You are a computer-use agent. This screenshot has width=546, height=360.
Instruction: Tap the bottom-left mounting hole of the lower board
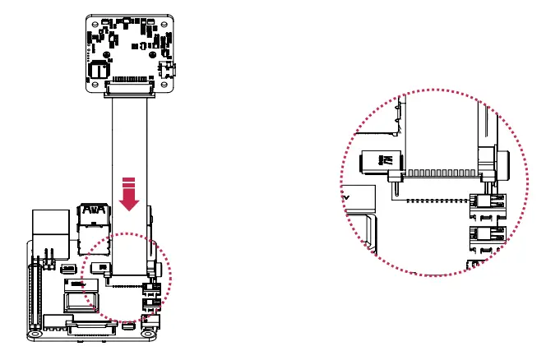tap(35, 335)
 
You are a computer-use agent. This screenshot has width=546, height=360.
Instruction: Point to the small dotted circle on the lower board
tap(130, 275)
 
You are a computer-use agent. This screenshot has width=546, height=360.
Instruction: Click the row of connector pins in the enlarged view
tap(441, 174)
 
